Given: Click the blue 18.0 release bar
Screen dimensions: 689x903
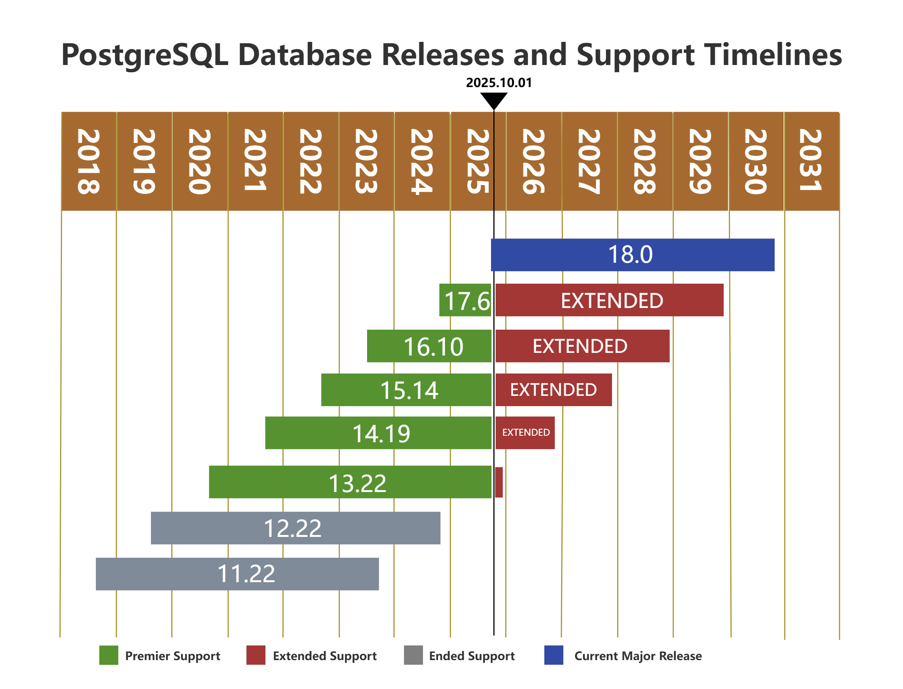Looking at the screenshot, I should [x=632, y=255].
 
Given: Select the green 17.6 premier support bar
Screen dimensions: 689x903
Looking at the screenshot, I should [x=465, y=300].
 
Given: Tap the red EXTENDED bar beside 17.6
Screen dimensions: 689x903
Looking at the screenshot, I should [x=609, y=300].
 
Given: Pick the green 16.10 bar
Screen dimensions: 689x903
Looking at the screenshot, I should [x=429, y=346].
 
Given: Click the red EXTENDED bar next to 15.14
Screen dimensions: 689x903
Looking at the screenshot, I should [x=553, y=390].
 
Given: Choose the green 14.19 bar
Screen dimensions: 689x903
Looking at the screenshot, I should [x=378, y=433].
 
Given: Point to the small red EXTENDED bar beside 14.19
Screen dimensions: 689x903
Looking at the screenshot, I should [x=525, y=433].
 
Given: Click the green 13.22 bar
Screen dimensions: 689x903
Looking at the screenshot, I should [x=350, y=482].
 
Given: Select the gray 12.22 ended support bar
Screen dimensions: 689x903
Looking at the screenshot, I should [x=296, y=528].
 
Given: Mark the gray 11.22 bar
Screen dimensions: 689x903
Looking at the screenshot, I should [x=237, y=574].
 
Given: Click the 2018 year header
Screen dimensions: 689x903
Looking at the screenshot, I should [x=88, y=161].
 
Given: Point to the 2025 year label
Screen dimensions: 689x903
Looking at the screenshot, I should [x=477, y=161].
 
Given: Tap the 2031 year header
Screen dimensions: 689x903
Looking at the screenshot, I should [x=811, y=161].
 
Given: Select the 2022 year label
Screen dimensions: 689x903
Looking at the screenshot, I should [x=311, y=161].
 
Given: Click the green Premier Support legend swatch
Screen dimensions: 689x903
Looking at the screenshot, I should [x=109, y=656].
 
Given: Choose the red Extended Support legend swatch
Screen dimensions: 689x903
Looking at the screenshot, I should [x=256, y=656].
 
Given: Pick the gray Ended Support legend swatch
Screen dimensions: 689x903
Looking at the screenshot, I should [x=413, y=656].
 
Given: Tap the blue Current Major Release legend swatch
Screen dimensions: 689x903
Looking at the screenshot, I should [x=554, y=656].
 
